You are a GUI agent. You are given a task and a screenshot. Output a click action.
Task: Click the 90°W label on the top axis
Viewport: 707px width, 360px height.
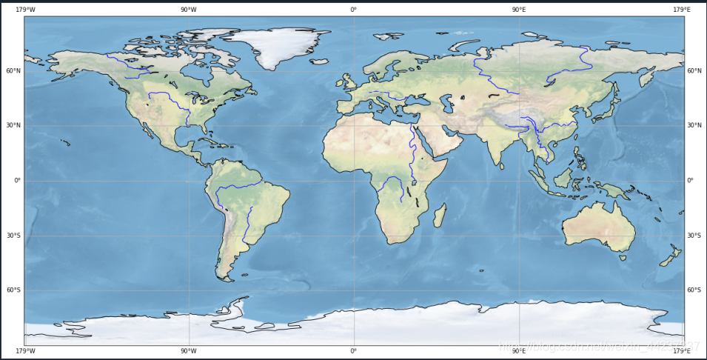coord(188,10)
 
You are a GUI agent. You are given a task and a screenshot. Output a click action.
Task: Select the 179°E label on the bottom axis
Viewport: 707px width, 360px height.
coord(681,351)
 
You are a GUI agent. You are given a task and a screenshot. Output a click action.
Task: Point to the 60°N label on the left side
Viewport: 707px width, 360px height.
coord(14,71)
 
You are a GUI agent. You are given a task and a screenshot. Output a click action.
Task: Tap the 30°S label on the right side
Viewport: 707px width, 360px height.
coord(694,236)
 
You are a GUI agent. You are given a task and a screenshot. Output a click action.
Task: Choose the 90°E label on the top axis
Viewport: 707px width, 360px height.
coord(518,10)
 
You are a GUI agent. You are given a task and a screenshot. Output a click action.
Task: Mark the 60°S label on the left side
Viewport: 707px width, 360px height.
coord(14,290)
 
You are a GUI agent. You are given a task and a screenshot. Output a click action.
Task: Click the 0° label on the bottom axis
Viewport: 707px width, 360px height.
coord(353,351)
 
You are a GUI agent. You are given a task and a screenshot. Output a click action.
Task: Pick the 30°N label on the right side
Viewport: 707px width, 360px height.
coord(694,126)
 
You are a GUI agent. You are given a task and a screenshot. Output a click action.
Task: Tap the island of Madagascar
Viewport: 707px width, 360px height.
coord(439,216)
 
